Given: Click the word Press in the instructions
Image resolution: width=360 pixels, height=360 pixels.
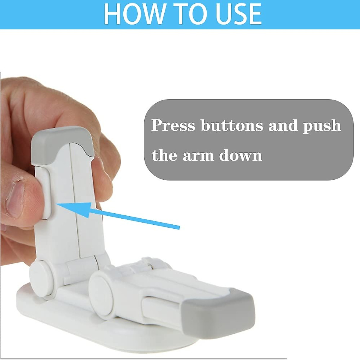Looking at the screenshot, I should pos(173,125).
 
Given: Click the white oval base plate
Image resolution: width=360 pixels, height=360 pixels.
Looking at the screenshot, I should pos(60,318).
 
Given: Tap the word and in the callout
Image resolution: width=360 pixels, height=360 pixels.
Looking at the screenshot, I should pos(282,125).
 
